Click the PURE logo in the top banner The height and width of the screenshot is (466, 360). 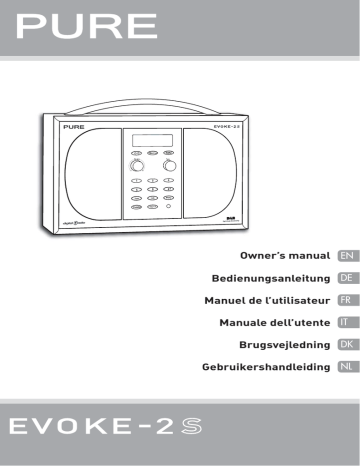[x=83, y=24]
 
